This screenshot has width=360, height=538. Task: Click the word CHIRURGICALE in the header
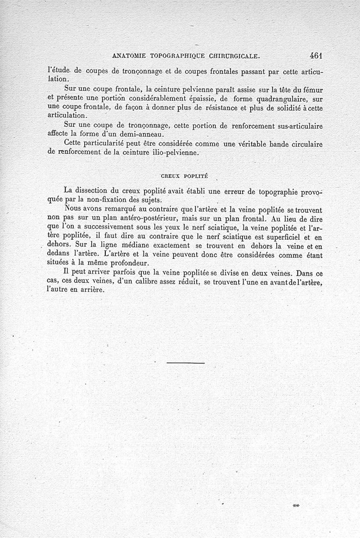click(x=234, y=56)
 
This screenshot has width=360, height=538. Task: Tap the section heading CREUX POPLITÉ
click(x=184, y=176)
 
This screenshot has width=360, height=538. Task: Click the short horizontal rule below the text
click(x=185, y=362)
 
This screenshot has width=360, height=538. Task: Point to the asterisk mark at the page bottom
click(x=296, y=506)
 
